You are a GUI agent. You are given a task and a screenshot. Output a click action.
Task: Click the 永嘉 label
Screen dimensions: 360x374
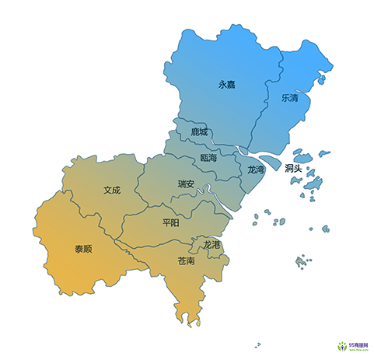click(x=226, y=85)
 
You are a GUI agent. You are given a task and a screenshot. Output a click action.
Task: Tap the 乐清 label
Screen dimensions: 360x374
click(x=289, y=99)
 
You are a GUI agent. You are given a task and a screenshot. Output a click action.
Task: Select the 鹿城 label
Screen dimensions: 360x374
click(x=199, y=132)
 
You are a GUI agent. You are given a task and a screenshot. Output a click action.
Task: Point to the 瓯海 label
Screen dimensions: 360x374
click(x=208, y=158)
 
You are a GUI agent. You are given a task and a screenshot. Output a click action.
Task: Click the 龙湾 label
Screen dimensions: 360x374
click(x=256, y=169)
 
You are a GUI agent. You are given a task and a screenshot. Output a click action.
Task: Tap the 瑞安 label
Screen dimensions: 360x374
click(x=187, y=185)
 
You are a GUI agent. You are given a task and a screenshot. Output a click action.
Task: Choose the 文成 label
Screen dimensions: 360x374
click(x=112, y=189)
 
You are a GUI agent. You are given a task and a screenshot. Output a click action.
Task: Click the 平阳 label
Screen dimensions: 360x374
click(x=171, y=222)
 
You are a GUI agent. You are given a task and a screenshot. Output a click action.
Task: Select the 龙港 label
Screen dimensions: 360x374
click(x=211, y=245)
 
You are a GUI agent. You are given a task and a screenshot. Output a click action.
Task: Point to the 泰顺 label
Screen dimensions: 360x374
click(x=83, y=249)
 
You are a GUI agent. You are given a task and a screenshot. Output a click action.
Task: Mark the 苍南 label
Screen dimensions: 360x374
click(x=187, y=261)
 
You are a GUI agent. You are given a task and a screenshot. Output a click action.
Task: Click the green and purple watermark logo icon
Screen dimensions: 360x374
click(x=341, y=345)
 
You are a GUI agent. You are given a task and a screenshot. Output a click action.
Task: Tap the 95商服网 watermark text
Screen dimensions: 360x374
click(x=359, y=343)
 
